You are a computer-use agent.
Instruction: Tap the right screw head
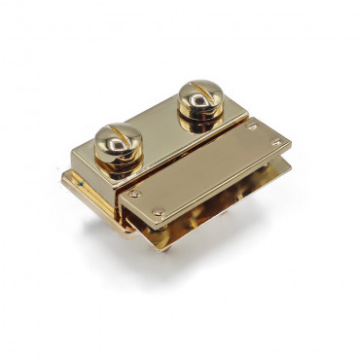[199, 93]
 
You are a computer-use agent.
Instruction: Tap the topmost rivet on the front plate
[252, 126]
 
